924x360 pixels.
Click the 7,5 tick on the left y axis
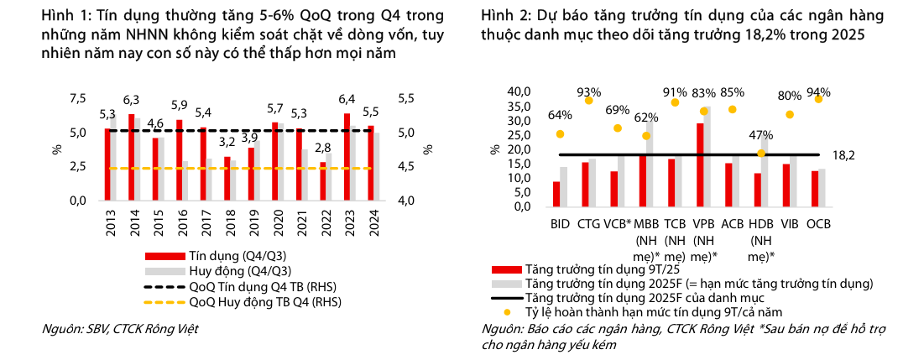coord(77,99)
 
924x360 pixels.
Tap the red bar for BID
coord(556,194)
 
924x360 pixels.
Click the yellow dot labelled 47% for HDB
coord(761,153)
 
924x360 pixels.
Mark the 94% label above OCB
coord(818,92)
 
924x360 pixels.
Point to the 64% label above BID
coord(560,116)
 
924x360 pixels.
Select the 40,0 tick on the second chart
coord(521,91)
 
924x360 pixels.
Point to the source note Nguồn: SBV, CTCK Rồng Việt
coord(120,328)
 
